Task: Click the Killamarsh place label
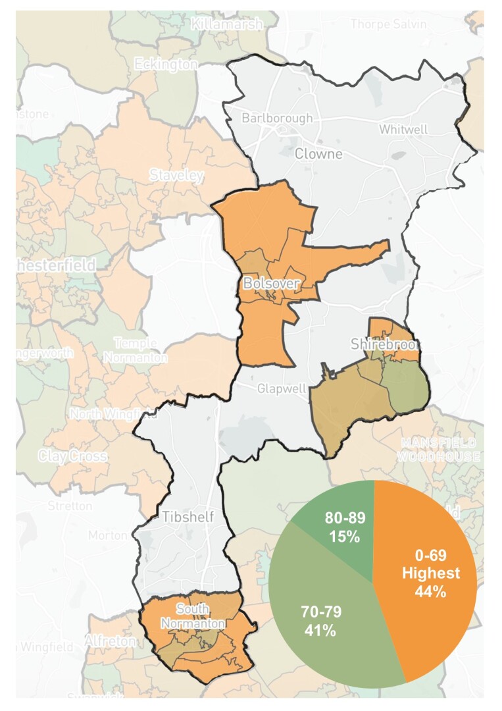[226, 24]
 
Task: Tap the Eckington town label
[165, 65]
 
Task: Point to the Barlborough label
[277, 118]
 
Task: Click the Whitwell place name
[403, 130]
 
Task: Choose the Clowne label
[318, 154]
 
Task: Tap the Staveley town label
[176, 176]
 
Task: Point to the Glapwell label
[282, 388]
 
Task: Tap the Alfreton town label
[110, 641]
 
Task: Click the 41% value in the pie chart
[320, 630]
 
